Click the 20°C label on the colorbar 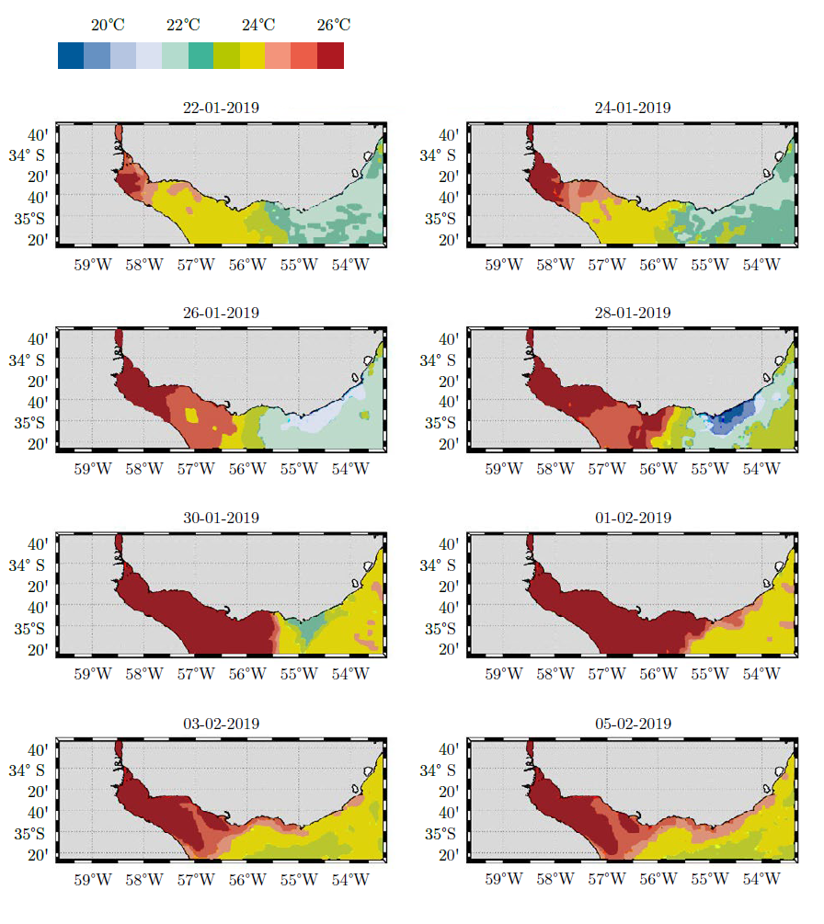click(109, 26)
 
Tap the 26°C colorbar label click(334, 26)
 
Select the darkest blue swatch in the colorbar click(71, 56)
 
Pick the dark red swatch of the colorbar click(331, 56)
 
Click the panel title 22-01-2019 click(221, 108)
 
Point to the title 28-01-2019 click(633, 313)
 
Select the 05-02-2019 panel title click(633, 724)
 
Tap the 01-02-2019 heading click(633, 518)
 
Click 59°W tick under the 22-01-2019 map click(93, 265)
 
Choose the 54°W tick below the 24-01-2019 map click(761, 265)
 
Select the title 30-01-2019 click(221, 518)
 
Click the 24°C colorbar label click(258, 26)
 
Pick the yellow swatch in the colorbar click(252, 56)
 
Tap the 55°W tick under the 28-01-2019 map click(710, 470)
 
